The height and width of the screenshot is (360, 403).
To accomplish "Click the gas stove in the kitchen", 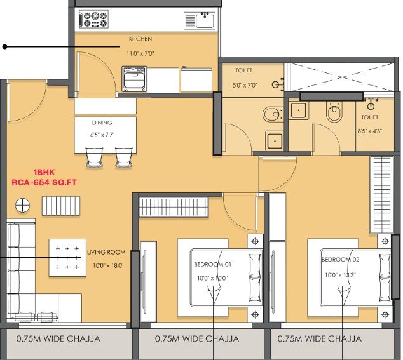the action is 94,19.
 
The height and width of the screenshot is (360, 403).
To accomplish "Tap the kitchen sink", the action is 200,20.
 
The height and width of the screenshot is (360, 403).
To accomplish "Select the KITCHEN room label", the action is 140,39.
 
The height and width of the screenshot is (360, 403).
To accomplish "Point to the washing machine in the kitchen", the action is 134,79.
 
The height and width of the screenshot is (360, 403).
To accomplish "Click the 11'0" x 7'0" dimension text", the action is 140,54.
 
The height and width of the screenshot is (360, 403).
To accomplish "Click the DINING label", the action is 102,123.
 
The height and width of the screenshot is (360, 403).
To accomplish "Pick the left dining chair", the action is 94,157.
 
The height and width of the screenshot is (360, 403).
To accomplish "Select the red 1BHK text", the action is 44,172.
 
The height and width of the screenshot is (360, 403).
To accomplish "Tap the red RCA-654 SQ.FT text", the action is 44,183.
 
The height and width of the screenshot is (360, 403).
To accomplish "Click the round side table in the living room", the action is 23,206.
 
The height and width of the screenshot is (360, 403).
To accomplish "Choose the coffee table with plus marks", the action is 67,258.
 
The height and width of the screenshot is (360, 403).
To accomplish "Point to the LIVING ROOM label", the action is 106,252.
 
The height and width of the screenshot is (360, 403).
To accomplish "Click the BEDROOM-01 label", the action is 212,264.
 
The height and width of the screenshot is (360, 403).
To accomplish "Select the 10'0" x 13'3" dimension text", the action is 340,275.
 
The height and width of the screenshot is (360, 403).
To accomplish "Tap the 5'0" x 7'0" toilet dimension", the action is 245,85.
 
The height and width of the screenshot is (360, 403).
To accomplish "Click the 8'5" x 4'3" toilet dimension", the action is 369,131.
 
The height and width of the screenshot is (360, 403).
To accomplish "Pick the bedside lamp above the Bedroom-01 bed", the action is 255,241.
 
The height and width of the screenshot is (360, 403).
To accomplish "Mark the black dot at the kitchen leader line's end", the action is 4,47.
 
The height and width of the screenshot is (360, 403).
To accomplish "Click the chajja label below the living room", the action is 58,338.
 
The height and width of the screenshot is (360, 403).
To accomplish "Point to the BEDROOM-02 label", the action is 340,260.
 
